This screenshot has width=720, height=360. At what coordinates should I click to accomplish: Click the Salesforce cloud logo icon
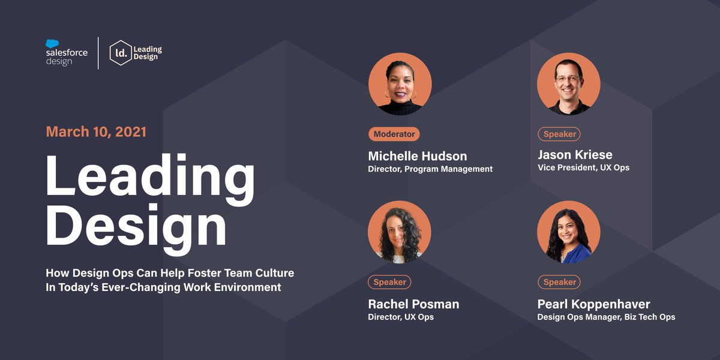click(52, 43)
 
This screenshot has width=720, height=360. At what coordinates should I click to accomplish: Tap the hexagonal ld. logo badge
click(121, 53)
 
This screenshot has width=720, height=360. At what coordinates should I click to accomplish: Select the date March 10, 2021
click(96, 131)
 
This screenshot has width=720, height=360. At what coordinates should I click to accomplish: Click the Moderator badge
click(394, 134)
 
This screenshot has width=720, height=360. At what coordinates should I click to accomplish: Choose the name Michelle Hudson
click(417, 156)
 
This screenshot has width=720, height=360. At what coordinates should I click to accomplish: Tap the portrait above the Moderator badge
click(400, 84)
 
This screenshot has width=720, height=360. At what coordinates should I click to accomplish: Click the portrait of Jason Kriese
click(568, 84)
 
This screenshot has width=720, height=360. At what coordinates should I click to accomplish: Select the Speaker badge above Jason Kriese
click(559, 134)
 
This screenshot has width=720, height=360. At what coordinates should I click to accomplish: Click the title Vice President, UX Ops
click(583, 168)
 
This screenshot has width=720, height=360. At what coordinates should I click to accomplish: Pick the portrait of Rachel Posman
click(399, 232)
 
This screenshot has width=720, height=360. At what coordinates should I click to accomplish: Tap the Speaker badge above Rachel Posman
click(389, 282)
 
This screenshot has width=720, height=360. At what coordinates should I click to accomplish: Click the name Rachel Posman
click(413, 304)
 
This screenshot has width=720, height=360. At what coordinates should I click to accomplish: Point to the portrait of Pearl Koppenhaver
click(568, 232)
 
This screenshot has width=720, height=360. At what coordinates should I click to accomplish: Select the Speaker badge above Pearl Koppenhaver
click(559, 282)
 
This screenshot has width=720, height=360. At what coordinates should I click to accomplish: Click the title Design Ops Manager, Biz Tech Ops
click(606, 317)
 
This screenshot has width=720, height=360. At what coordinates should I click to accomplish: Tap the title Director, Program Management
click(430, 169)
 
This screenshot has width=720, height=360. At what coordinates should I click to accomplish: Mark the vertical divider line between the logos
click(98, 53)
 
